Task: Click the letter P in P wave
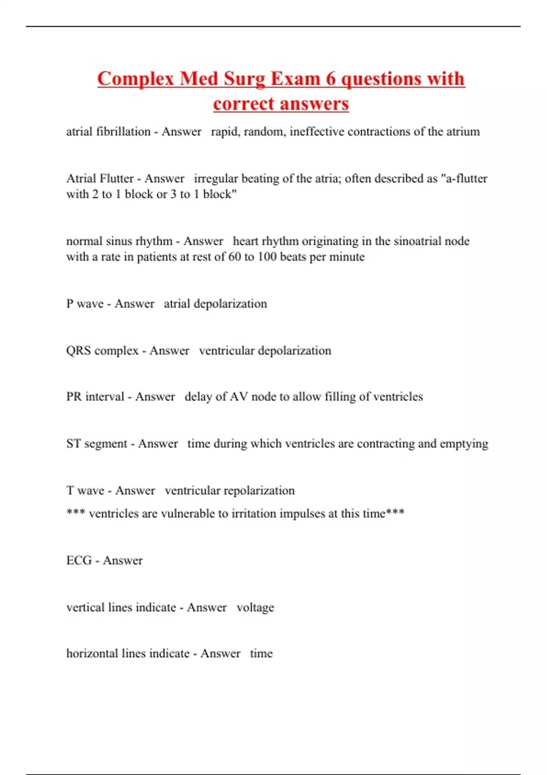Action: (x=70, y=304)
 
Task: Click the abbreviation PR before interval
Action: (x=74, y=397)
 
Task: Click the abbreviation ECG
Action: (x=79, y=560)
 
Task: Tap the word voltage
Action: (x=255, y=608)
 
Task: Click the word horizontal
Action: (x=93, y=654)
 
